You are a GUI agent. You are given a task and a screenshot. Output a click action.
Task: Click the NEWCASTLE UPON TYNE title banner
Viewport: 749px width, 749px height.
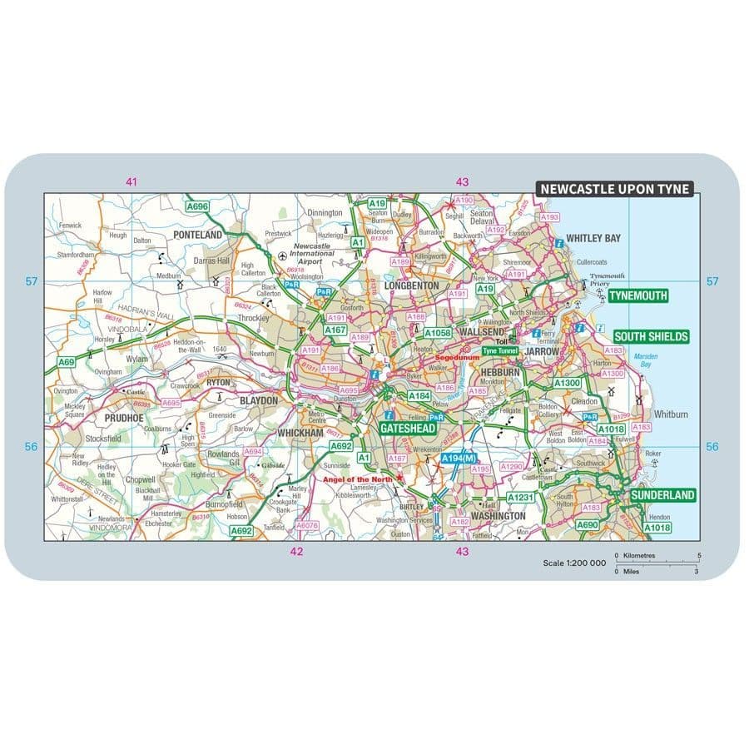coord(614,189)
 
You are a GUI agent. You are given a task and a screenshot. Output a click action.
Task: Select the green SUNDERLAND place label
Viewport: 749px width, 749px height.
coord(662,495)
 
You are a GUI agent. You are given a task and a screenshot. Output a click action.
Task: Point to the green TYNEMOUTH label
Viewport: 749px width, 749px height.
coord(638,295)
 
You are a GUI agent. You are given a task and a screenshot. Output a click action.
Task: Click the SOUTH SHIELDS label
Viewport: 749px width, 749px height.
coord(651,336)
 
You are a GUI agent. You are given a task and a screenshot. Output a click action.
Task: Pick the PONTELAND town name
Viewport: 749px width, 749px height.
coord(197,236)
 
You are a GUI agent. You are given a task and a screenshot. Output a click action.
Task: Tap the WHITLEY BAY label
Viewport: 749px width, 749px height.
coord(593,238)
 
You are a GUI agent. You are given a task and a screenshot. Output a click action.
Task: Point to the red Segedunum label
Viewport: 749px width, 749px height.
coord(456,358)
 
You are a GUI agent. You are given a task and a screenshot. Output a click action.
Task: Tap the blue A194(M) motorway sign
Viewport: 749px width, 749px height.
coord(458,459)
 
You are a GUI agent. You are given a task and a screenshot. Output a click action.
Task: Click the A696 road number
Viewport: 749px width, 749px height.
coord(197,206)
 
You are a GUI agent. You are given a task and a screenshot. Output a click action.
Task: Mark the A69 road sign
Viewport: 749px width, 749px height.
coord(66,362)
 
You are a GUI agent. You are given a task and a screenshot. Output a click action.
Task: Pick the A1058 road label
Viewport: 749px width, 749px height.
coord(437,333)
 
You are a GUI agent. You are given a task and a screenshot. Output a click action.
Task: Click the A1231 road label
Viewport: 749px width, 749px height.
coord(522,497)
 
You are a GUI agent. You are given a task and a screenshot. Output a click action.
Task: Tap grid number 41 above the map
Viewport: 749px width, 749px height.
coord(131,181)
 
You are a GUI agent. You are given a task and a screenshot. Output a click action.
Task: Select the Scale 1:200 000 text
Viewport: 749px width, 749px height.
coord(574,563)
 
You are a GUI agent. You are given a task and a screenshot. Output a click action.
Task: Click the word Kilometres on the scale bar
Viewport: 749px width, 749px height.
coord(640,555)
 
